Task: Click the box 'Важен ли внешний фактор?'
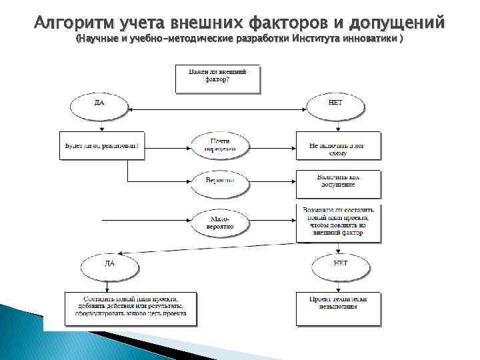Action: click(212, 78)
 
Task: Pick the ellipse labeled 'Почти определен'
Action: click(219, 145)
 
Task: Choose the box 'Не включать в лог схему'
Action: click(338, 146)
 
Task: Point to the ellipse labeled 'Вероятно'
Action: click(219, 181)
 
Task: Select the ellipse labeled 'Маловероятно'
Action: click(219, 222)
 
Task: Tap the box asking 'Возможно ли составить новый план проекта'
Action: click(338, 221)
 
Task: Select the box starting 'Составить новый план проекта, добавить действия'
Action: click(131, 307)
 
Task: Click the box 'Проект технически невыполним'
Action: click(338, 307)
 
